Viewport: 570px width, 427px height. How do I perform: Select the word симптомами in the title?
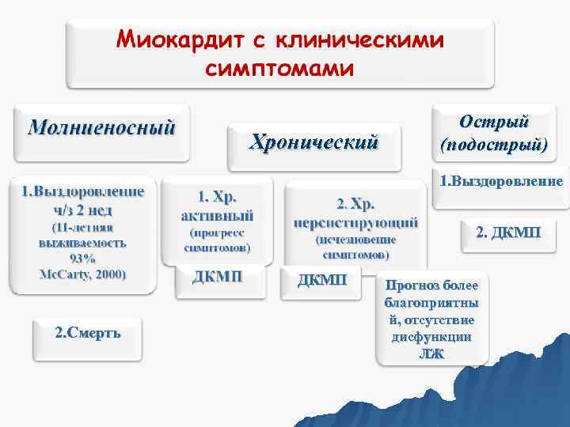pyautogui.click(x=279, y=68)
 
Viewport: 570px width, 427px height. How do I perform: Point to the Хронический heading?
pyautogui.click(x=314, y=142)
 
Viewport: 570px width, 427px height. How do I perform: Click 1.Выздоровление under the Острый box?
pyautogui.click(x=501, y=181)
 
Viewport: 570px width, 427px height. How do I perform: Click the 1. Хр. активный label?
pyautogui.click(x=218, y=205)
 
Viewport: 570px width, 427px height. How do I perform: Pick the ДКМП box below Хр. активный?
pyautogui.click(x=218, y=276)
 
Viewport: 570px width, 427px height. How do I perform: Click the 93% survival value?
pyautogui.click(x=82, y=258)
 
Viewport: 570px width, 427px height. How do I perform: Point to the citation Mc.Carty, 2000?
pyautogui.click(x=82, y=273)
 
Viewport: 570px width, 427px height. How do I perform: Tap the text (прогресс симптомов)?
pyautogui.click(x=218, y=240)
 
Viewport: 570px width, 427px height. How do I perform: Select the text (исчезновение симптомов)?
pyautogui.click(x=355, y=247)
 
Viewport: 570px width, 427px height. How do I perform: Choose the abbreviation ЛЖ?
pyautogui.click(x=431, y=353)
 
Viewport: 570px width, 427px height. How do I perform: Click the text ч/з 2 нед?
pyautogui.click(x=82, y=210)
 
